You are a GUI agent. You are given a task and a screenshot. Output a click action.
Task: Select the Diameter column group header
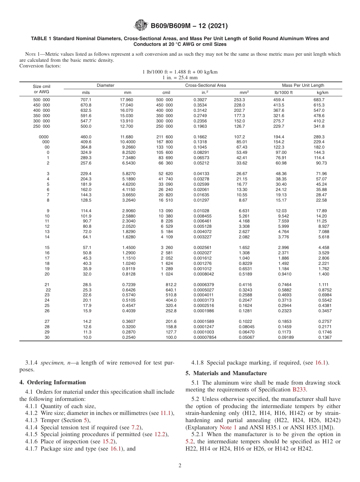click(x=105, y=85)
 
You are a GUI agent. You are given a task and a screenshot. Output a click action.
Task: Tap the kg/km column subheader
click(x=322, y=92)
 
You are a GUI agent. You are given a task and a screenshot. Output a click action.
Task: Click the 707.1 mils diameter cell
click(x=86, y=100)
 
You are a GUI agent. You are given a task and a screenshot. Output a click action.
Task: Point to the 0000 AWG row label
click(x=44, y=137)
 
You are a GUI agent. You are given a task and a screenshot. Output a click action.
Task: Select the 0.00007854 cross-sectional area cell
click(x=205, y=337)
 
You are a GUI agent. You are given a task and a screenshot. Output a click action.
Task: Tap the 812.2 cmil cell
click(x=171, y=284)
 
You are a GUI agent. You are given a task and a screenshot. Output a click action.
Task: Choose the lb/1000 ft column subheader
click(x=283, y=92)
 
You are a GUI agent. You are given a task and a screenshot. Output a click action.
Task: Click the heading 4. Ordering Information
click(x=53, y=382)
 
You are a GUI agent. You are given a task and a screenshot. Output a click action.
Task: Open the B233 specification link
click(x=299, y=389)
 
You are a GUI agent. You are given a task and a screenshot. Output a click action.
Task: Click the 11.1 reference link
click(x=166, y=413)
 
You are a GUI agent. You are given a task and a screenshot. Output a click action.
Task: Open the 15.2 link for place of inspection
click(x=109, y=441)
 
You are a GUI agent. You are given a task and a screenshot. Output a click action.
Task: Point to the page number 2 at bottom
click(x=180, y=466)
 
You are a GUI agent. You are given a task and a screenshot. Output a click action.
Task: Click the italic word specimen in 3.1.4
click(x=55, y=363)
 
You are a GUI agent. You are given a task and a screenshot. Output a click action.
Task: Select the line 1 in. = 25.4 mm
click(x=180, y=77)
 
